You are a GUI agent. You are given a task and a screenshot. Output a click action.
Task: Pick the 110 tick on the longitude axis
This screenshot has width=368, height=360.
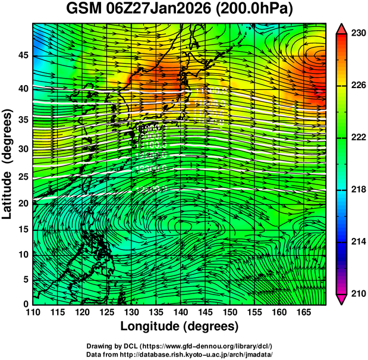(33, 312)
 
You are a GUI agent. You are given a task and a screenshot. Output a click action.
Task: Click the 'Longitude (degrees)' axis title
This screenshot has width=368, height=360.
(180, 326)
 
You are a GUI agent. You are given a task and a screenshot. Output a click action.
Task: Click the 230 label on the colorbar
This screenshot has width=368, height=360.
(358, 34)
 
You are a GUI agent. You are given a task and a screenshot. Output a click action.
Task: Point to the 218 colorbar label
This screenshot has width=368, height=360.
(358, 189)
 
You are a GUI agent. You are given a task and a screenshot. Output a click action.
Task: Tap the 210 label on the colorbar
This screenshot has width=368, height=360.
(358, 293)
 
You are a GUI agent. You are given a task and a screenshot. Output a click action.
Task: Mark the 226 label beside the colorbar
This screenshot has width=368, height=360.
(358, 86)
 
